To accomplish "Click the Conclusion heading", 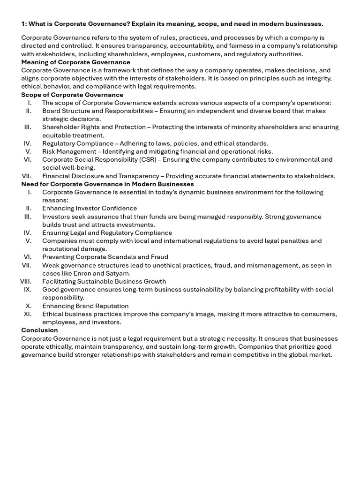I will pos(39,330).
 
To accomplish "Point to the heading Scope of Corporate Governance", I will pos(72,95).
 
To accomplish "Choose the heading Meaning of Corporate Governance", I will pos(75,62).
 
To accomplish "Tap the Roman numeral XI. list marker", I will pos(27,314).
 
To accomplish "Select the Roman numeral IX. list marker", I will pos(27,289).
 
